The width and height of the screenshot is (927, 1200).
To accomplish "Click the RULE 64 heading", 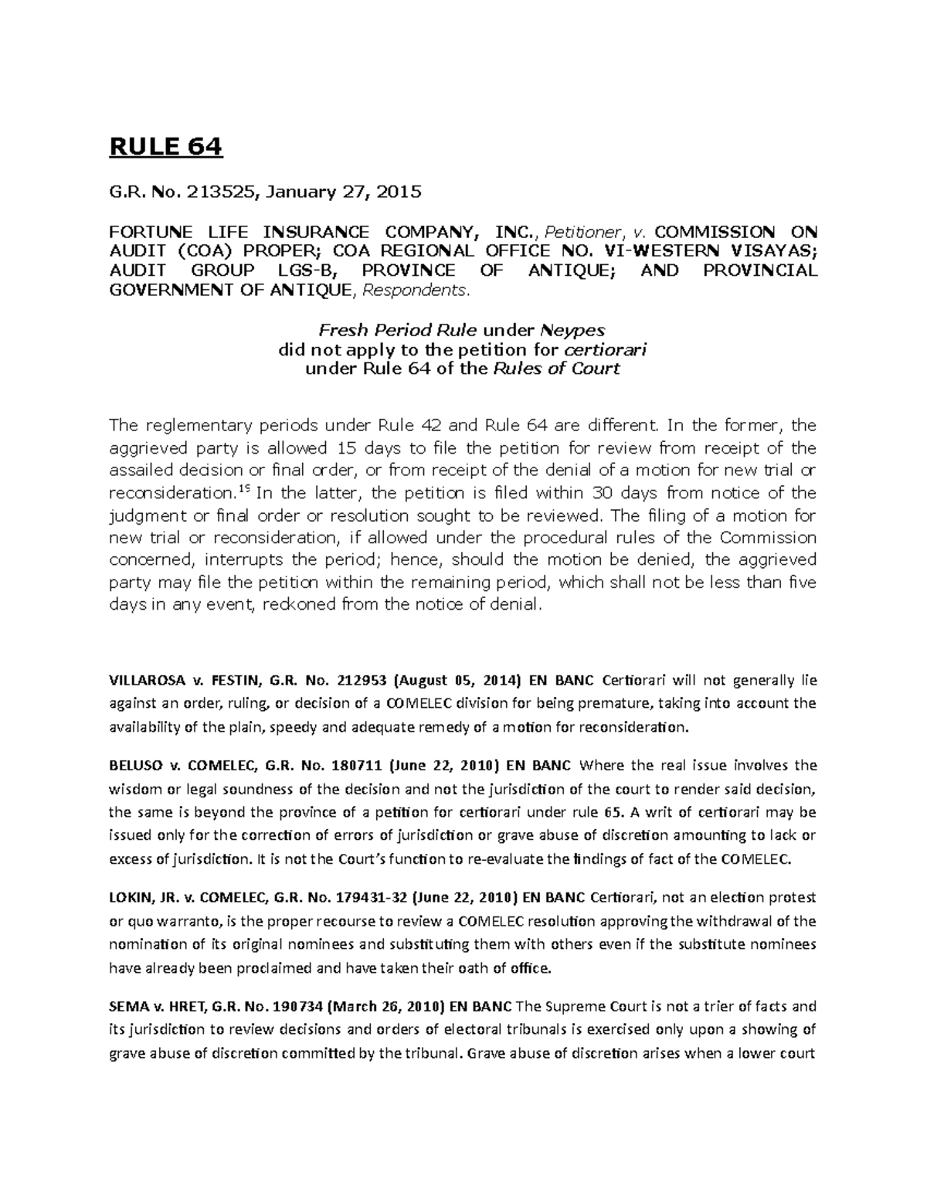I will pyautogui.click(x=165, y=146).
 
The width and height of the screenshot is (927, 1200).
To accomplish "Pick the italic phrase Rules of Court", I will pyautogui.click(x=555, y=369).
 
